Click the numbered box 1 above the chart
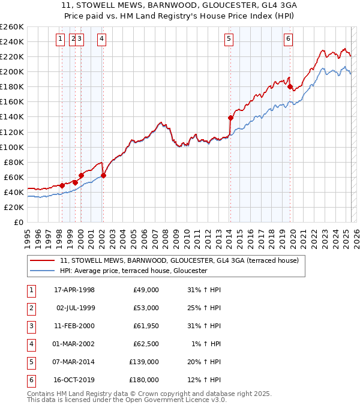tap(61, 40)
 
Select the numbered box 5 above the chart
tap(229, 40)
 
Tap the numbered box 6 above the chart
tap(289, 40)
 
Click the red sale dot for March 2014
tap(230, 118)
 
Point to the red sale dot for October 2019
tap(290, 87)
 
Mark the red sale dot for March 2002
tap(103, 175)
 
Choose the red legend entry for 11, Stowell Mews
tap(175, 260)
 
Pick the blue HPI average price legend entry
tap(133, 271)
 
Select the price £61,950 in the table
tap(146, 326)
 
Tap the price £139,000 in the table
tap(144, 362)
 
